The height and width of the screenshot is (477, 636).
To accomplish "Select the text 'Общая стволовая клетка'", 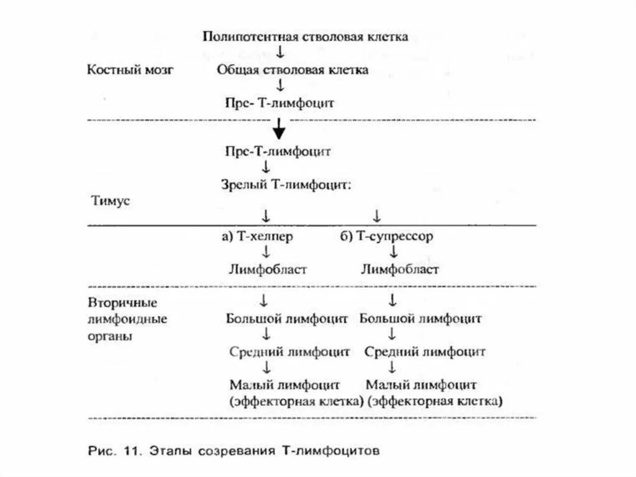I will (293, 70).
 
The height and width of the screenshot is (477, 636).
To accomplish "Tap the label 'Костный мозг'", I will (129, 70).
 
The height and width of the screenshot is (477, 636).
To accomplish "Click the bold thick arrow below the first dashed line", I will (280, 131).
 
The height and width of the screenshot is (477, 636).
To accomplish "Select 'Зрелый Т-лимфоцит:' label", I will (286, 185).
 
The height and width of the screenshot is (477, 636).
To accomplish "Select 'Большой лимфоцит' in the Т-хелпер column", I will (287, 320).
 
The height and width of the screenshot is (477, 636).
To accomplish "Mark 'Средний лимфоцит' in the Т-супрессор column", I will (425, 352).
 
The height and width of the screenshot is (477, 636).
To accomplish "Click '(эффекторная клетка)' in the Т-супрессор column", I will (435, 401).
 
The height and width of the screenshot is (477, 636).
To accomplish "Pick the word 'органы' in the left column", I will (109, 336).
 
